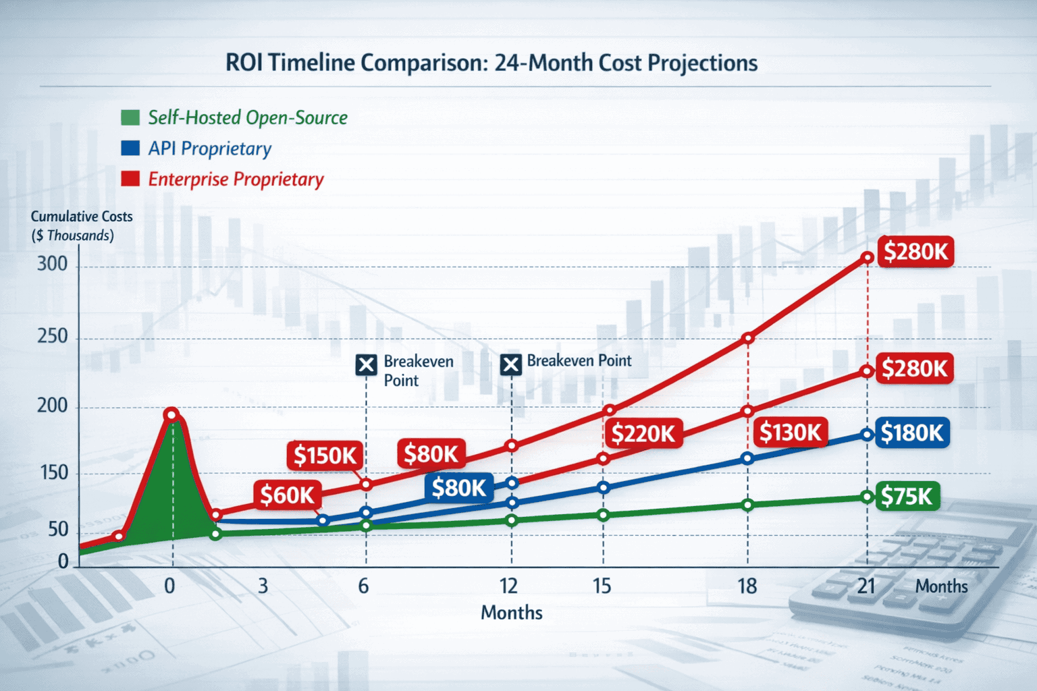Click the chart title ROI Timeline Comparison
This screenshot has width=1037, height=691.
[x=491, y=63]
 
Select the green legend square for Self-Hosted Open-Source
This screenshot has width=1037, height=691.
[x=130, y=117]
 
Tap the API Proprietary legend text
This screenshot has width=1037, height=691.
[x=209, y=148]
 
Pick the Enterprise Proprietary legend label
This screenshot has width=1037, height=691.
[x=236, y=179]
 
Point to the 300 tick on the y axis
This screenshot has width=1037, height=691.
[x=52, y=264]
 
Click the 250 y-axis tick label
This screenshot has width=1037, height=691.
[x=52, y=336]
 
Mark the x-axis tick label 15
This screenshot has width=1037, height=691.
[x=602, y=586]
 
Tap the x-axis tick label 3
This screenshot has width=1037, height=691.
[x=263, y=586]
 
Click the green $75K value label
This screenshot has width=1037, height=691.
[x=907, y=497]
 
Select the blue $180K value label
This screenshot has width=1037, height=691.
[x=912, y=433]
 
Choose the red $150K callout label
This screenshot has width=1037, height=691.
[x=325, y=456]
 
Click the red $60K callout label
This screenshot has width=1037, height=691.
[x=288, y=495]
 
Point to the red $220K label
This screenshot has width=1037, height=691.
[x=643, y=433]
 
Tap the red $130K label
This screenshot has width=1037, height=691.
[x=790, y=432]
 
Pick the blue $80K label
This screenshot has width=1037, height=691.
[x=459, y=487]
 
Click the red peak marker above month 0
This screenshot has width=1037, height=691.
[x=171, y=414]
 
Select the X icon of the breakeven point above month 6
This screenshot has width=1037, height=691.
[x=366, y=366]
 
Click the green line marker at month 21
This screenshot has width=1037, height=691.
[x=867, y=497]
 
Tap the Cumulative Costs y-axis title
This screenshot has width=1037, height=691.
[x=81, y=225]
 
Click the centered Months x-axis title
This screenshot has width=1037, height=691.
[x=511, y=613]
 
